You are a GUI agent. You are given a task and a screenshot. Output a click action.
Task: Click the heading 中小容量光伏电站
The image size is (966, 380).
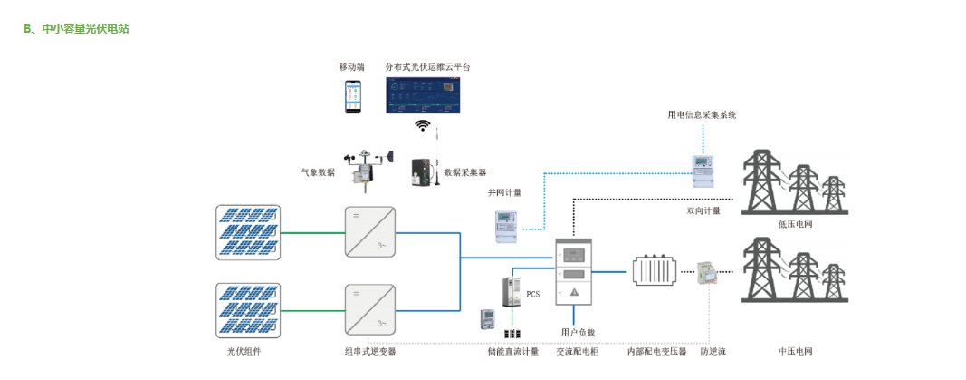click(x=83, y=29)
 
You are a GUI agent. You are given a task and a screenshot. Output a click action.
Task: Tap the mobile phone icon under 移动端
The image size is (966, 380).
click(x=351, y=96)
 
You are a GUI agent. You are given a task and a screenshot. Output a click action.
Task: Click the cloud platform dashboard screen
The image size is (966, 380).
click(x=424, y=95)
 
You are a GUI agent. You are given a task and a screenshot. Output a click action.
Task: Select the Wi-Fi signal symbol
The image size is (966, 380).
click(x=422, y=125)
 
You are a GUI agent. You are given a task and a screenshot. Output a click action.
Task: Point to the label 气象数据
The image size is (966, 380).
click(x=318, y=171)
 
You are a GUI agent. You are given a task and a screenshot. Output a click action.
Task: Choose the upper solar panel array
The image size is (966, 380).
click(x=248, y=231)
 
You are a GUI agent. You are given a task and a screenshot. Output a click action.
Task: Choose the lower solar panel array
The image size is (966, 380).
click(x=248, y=309)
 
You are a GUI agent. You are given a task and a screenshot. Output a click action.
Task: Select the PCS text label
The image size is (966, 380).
click(x=532, y=294)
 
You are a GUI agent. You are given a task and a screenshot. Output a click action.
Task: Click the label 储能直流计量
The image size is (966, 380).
click(x=513, y=351)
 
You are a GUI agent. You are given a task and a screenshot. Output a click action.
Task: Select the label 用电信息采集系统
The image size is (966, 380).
click(x=702, y=115)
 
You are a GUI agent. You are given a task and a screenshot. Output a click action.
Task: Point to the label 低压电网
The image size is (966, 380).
click(x=795, y=223)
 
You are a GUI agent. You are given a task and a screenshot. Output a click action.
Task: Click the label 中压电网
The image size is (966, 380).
click(x=795, y=351)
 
